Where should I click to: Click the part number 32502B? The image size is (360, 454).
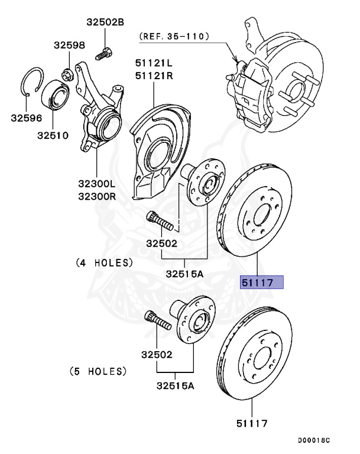pos(106,22)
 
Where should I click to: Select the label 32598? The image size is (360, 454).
pos(70,45)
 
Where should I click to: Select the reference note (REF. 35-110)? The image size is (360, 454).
pos(174,37)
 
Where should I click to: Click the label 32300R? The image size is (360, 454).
pos(98,195)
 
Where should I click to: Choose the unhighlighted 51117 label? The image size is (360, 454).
pos(252,423)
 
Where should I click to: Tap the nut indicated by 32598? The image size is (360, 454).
pos(67,74)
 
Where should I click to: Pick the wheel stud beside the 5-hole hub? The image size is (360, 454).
pos(156,323)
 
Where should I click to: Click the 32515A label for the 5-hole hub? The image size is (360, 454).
pos(176,386)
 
